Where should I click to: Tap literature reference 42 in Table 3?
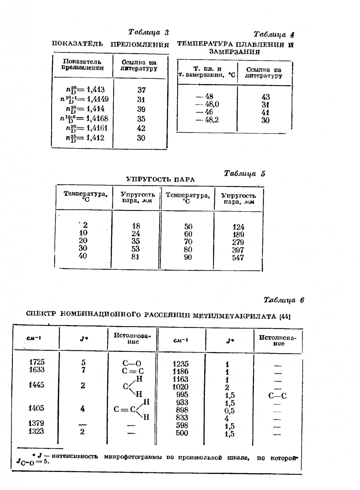coord(141,129)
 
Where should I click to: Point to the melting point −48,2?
coord(207,120)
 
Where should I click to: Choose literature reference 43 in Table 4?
coord(265,97)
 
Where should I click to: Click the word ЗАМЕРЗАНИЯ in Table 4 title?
coord(234,52)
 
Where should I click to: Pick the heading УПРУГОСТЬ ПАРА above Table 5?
coord(160,179)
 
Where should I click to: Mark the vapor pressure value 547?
coord(238,258)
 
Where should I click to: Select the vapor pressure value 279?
coord(238,243)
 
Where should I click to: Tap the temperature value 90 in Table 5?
coord(188,257)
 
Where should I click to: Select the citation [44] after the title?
coord(285,317)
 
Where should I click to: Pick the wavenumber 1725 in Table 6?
coord(36,362)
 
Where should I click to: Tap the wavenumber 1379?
coord(36,423)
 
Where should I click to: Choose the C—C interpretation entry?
coord(278,396)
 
